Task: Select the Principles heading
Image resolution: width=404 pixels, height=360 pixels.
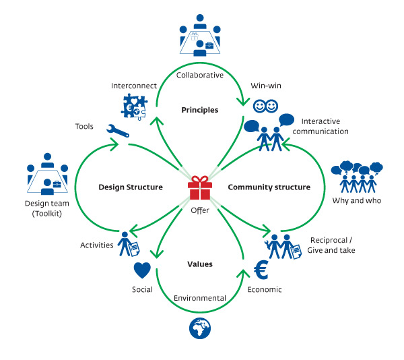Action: pyautogui.click(x=199, y=110)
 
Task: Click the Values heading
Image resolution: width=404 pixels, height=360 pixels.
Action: pyautogui.click(x=199, y=264)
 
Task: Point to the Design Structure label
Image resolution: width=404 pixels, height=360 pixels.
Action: pyautogui.click(x=130, y=187)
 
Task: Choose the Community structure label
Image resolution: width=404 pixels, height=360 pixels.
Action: pyautogui.click(x=269, y=187)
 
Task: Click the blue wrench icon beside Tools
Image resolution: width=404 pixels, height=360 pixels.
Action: pyautogui.click(x=117, y=129)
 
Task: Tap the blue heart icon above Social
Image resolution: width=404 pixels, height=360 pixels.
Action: pyautogui.click(x=142, y=270)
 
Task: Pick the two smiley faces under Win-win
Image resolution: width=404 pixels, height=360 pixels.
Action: pyautogui.click(x=265, y=107)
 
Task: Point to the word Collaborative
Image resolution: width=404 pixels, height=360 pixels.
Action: pyautogui.click(x=199, y=76)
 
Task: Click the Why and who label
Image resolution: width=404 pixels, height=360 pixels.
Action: pyautogui.click(x=356, y=201)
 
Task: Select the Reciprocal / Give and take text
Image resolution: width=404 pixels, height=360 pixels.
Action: pyautogui.click(x=332, y=245)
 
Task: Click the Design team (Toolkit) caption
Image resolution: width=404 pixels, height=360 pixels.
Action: pyautogui.click(x=47, y=208)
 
